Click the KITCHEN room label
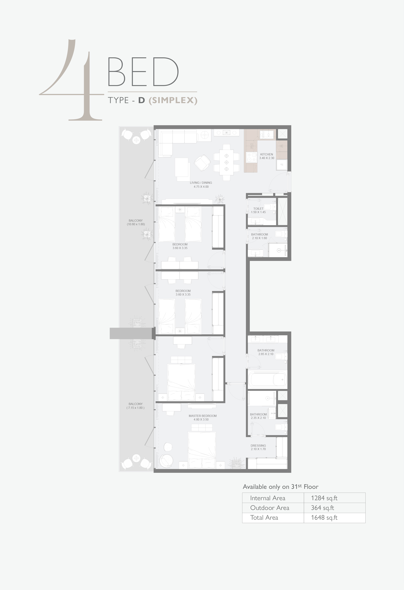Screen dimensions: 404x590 click(266, 154)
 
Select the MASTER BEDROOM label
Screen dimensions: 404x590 click(202, 416)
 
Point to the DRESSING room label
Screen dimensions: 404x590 click(258, 446)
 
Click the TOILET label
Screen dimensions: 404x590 click(258, 209)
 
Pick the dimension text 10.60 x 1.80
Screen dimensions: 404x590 click(136, 224)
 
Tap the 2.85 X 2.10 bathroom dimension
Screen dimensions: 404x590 click(266, 354)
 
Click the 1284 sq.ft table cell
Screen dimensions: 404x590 click(324, 498)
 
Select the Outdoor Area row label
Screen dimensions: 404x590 click(270, 508)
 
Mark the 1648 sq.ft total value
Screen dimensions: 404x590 click(324, 518)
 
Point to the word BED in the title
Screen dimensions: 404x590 click(143, 72)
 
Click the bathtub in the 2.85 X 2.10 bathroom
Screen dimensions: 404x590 click(267, 380)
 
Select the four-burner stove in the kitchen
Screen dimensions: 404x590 click(251, 157)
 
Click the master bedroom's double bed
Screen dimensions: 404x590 click(202, 450)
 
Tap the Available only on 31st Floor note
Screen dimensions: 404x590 click(280, 486)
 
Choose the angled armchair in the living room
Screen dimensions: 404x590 click(202, 163)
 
